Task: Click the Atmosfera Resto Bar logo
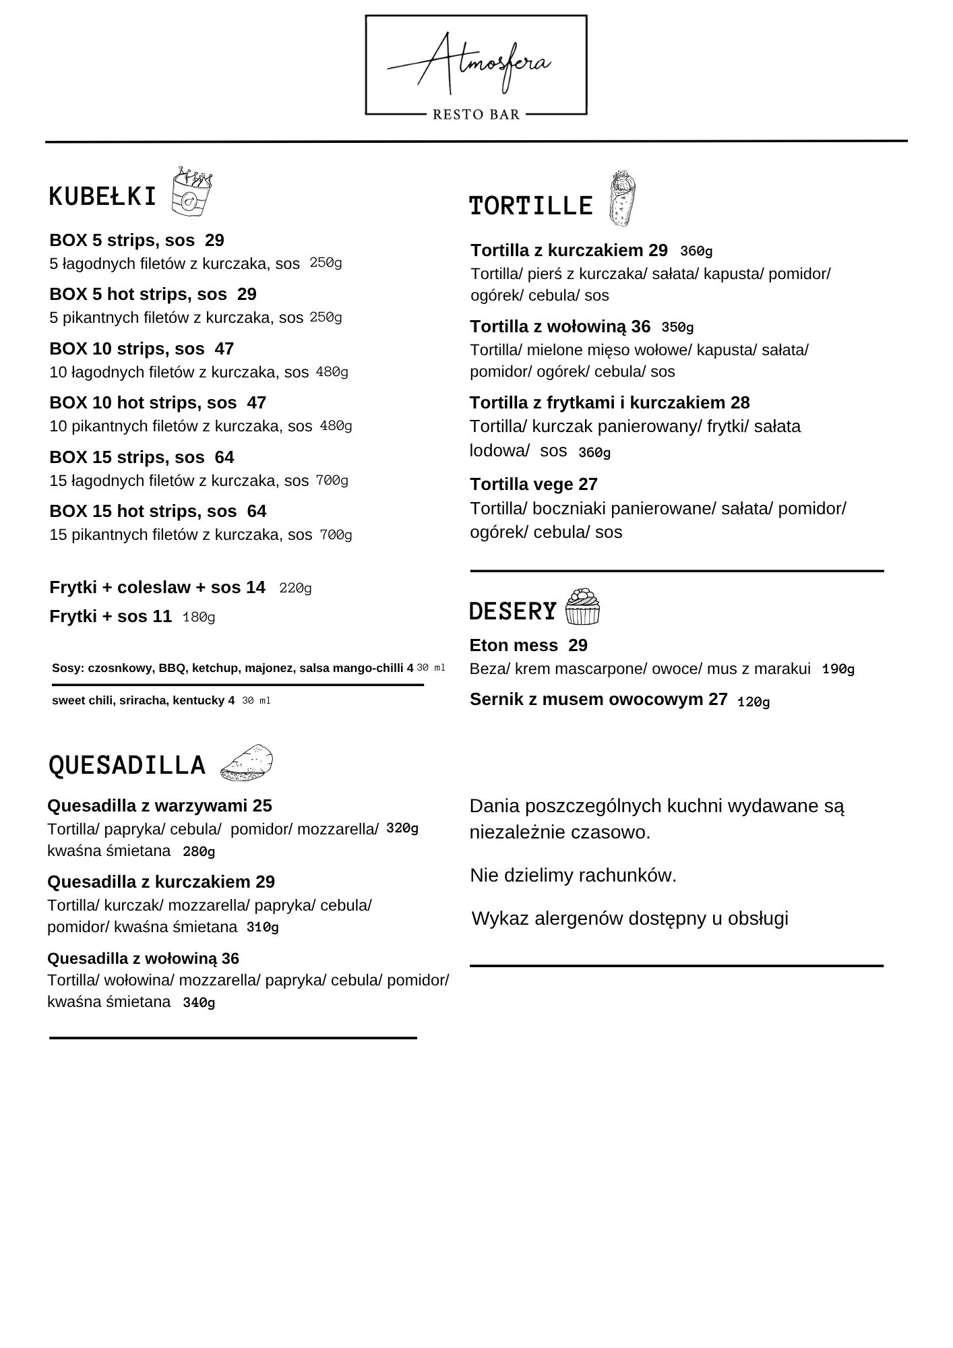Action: [476, 66]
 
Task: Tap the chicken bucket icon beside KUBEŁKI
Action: [191, 192]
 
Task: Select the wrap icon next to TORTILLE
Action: [622, 199]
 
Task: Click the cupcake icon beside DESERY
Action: [582, 607]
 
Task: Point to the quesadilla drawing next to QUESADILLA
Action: [247, 764]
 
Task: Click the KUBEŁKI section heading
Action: [102, 197]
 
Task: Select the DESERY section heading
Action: [513, 611]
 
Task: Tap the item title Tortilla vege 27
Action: [533, 484]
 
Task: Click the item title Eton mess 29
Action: [528, 645]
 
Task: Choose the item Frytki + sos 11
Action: [111, 616]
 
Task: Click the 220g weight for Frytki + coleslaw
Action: [295, 588]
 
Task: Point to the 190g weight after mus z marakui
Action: [838, 669]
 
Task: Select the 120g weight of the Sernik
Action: [754, 702]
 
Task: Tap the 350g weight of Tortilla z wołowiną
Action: [677, 328]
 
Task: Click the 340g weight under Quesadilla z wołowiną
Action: [199, 1003]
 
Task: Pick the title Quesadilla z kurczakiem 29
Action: [161, 882]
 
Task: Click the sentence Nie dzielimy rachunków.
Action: [573, 875]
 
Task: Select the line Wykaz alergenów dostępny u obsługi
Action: [629, 918]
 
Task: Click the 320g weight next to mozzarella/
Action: [402, 828]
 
